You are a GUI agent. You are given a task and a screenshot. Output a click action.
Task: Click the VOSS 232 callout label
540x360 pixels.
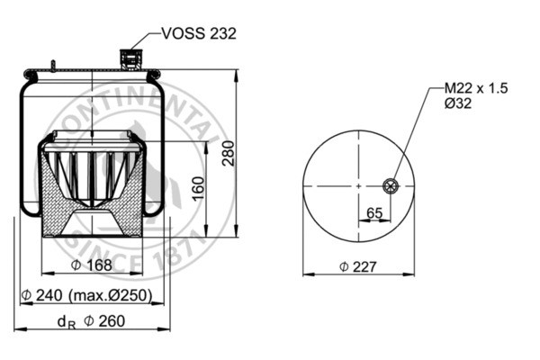pyautogui.click(x=198, y=34)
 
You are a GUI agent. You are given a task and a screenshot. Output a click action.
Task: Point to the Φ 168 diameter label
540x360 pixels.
pyautogui.click(x=93, y=265)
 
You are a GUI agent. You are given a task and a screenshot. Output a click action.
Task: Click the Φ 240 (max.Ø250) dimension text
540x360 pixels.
pyautogui.click(x=86, y=295)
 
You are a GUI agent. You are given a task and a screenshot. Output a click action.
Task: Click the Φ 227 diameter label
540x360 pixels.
pyautogui.click(x=357, y=265)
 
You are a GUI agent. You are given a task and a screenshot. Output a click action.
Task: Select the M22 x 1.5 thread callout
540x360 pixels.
pyautogui.click(x=476, y=89)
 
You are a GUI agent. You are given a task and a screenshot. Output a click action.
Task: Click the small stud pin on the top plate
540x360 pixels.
pyautogui.click(x=53, y=65)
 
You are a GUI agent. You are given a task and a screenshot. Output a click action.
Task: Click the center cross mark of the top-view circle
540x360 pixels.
pyautogui.click(x=357, y=186)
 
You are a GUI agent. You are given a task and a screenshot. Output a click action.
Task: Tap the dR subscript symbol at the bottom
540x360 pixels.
pyautogui.click(x=64, y=322)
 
